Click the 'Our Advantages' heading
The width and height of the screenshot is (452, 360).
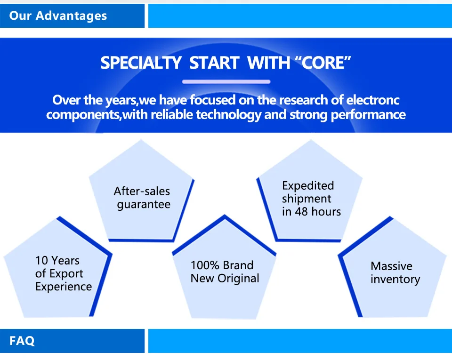[x=58, y=16]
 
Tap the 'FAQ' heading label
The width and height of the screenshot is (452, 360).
[x=22, y=340]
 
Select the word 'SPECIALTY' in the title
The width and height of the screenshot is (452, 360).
[x=141, y=63]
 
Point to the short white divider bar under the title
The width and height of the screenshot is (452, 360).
[x=226, y=82]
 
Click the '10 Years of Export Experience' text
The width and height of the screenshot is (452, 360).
[x=63, y=273]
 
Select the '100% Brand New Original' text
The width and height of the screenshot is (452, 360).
[x=225, y=272]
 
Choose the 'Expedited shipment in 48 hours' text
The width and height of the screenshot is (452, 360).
[x=311, y=199]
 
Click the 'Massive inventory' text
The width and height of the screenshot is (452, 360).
[x=395, y=272]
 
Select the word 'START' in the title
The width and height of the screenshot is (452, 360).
[x=214, y=63]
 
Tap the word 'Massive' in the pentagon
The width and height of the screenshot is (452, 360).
[x=391, y=266]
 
